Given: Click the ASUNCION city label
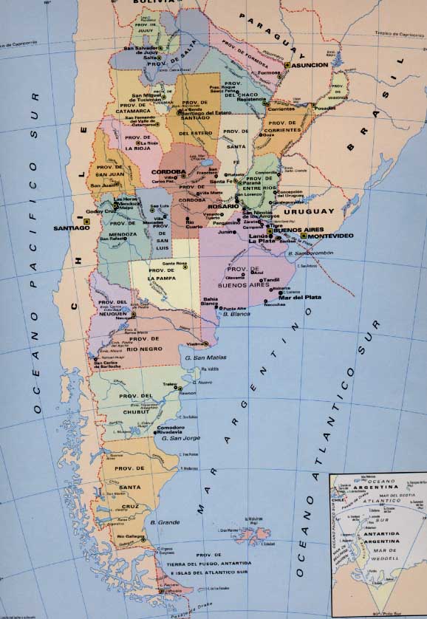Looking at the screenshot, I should click(311, 65).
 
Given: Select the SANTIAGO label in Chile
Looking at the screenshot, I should click(71, 228).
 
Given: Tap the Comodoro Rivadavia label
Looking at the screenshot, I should click(171, 430).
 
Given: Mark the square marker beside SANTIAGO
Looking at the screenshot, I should click(86, 221).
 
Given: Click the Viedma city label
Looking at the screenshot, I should click(195, 343).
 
